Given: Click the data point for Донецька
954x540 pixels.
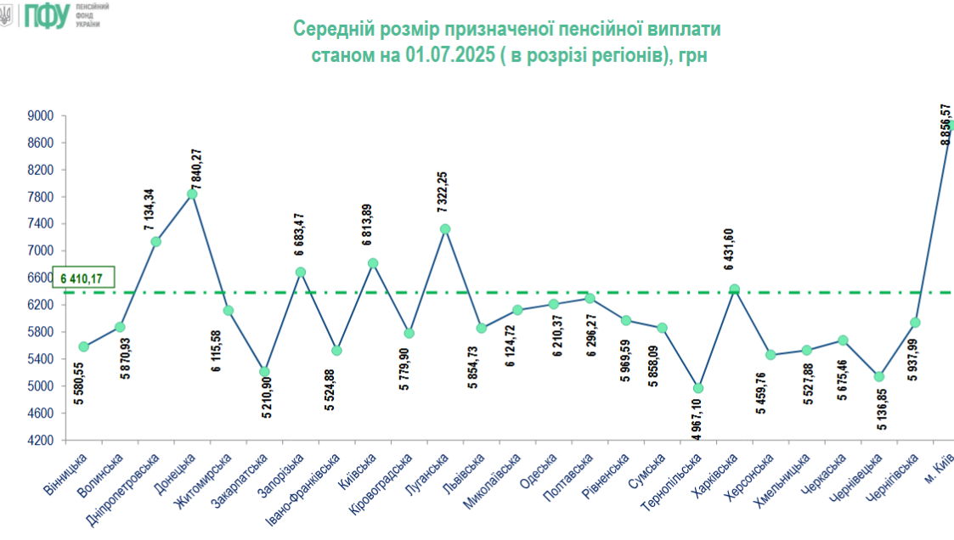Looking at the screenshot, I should pyautogui.click(x=192, y=194).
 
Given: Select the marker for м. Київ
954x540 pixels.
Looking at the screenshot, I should pyautogui.click(x=950, y=126).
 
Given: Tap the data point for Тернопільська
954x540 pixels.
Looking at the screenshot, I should pyautogui.click(x=698, y=388).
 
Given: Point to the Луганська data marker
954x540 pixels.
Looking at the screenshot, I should pyautogui.click(x=445, y=228).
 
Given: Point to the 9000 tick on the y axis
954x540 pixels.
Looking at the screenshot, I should pyautogui.click(x=39, y=115).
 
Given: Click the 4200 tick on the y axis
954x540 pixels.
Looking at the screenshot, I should pyautogui.click(x=39, y=440).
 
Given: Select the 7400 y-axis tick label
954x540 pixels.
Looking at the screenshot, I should pyautogui.click(x=39, y=224).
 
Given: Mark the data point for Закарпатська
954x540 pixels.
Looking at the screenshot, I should pyautogui.click(x=264, y=372).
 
